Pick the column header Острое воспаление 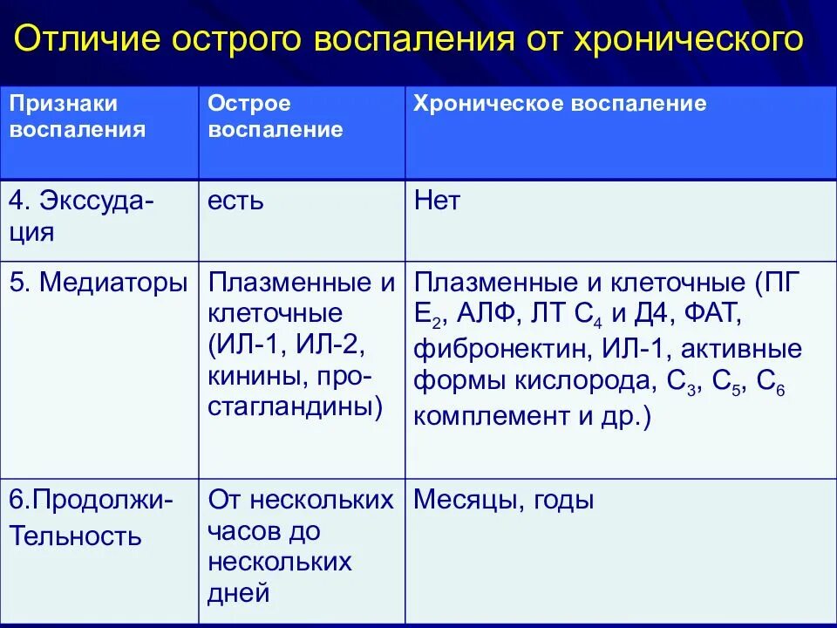click(275, 117)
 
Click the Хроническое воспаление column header click(559, 105)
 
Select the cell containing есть click(235, 202)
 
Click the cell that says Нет click(437, 202)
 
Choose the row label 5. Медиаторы click(98, 283)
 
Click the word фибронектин click(503, 350)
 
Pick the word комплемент click(492, 416)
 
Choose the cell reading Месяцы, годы click(504, 500)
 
